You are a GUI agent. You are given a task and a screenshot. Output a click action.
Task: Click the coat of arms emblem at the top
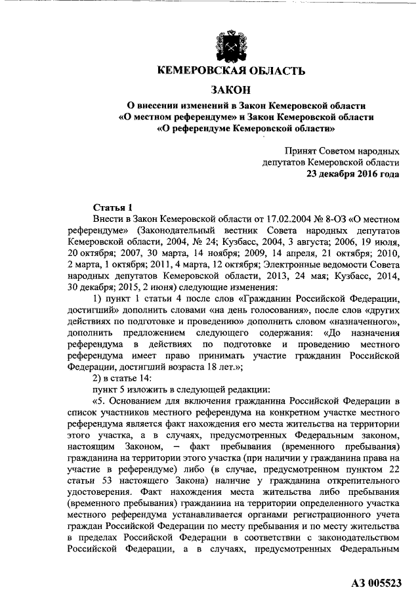tap(230, 45)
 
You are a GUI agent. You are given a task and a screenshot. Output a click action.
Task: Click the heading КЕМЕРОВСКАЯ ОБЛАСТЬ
tap(230, 71)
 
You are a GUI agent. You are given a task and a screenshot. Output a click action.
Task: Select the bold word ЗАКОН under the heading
tap(230, 89)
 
